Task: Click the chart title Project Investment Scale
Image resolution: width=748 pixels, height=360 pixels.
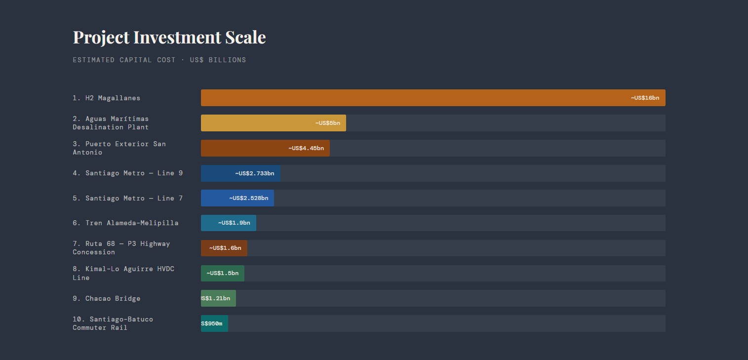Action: (x=169, y=38)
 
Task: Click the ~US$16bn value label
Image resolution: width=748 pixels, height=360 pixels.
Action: (x=644, y=98)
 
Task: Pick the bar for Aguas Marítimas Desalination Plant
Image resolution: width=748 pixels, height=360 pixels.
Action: (x=257, y=123)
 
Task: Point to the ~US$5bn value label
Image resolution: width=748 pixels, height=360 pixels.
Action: (x=328, y=123)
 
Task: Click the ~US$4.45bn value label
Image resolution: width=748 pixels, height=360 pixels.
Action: (x=306, y=148)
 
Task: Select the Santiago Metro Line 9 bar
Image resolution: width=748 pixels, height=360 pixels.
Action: (x=217, y=173)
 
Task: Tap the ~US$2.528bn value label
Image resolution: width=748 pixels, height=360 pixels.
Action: (x=248, y=198)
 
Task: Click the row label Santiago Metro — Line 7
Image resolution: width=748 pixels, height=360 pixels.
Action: (x=127, y=198)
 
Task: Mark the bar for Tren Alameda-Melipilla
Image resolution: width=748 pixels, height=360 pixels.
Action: (x=209, y=223)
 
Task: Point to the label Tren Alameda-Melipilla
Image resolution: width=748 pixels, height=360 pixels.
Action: (x=125, y=223)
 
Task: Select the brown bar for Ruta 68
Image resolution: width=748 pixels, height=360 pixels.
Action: (x=205, y=248)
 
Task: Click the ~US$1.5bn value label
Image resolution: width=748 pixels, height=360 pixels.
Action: (x=223, y=273)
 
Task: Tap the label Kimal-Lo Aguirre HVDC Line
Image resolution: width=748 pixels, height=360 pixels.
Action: (x=123, y=273)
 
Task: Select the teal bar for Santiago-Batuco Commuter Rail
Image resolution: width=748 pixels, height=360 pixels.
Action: (x=225, y=323)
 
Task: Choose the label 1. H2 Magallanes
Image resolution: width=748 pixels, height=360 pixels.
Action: (x=106, y=98)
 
